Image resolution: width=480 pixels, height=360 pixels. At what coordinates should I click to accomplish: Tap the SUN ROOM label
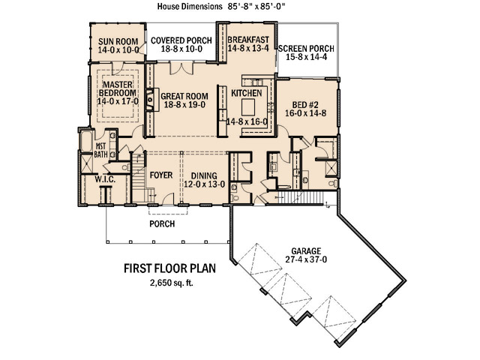118,41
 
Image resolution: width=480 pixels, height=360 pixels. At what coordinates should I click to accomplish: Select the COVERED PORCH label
181,40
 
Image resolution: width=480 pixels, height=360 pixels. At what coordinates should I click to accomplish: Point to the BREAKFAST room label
248,40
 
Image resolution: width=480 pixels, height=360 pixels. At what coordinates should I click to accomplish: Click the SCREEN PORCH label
306,49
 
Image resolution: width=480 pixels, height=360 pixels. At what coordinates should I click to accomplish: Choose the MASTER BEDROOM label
118,88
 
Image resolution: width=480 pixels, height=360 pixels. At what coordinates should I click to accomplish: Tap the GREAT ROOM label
184,97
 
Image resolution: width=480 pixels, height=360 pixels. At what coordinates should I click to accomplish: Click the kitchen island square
249,107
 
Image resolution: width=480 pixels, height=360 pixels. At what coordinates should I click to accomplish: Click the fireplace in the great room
151,100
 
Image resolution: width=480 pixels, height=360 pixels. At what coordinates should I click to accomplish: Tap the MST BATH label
100,150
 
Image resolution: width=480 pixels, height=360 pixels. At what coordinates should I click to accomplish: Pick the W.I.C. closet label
105,179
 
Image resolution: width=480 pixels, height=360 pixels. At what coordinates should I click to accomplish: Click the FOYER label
161,175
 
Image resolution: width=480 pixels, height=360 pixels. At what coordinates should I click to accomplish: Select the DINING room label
204,176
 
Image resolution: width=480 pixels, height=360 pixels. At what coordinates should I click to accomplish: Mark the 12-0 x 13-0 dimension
204,184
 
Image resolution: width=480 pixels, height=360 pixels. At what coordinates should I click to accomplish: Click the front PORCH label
162,224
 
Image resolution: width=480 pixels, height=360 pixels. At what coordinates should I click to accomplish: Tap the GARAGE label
306,251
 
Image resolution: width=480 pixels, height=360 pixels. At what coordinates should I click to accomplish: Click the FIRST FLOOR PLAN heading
170,268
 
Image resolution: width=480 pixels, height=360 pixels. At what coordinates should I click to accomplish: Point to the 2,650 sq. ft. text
172,283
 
